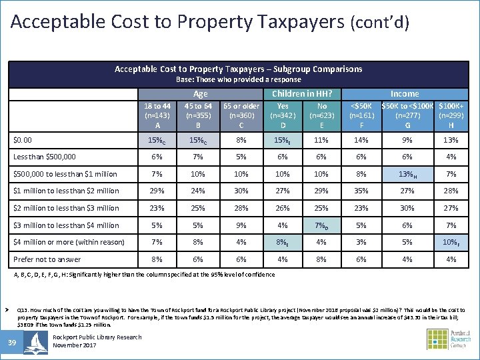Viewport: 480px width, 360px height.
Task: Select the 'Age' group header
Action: (x=200, y=94)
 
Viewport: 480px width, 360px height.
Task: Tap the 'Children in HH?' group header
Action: (x=302, y=94)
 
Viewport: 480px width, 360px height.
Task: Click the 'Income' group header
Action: (x=404, y=94)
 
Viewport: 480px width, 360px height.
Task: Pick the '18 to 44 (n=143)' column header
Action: (x=157, y=115)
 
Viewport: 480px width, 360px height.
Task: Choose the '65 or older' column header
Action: (x=241, y=115)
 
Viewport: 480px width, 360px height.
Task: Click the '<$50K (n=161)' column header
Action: (x=362, y=115)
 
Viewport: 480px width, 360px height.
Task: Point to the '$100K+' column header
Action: (x=451, y=115)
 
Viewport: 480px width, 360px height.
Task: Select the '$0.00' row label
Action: (x=23, y=140)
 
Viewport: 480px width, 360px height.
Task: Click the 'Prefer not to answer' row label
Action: (x=47, y=259)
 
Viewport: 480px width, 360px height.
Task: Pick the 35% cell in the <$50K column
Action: (x=362, y=191)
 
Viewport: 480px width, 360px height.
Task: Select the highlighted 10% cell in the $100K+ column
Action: (x=451, y=243)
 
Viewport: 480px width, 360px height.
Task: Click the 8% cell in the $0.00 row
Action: (x=241, y=140)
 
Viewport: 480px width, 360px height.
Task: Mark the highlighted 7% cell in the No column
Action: (x=322, y=225)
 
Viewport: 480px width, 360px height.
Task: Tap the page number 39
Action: (x=12, y=343)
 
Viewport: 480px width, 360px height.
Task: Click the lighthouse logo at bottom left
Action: (x=35, y=342)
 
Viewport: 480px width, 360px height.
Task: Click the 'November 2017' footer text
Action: (x=75, y=346)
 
